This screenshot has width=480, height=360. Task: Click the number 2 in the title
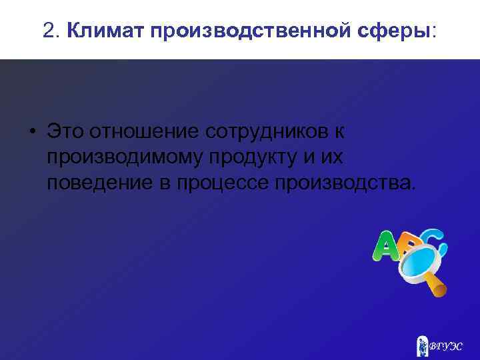47,30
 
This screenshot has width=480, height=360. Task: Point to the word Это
67,131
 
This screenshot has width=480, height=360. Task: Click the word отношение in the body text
145,131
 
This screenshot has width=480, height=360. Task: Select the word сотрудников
265,131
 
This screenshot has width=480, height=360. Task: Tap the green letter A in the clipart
385,247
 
